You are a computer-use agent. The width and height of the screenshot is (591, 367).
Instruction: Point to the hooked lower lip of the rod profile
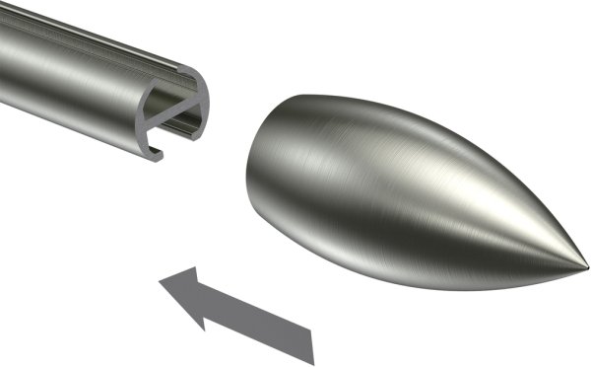pyautogui.click(x=154, y=149)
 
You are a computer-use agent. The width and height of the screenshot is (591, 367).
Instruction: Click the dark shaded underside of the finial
pyautogui.click(x=394, y=266)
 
